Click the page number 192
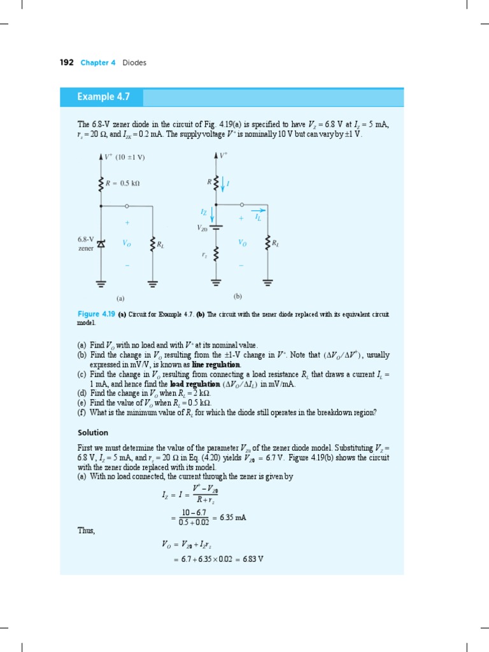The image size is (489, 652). click(x=66, y=62)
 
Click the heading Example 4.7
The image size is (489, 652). click(x=103, y=97)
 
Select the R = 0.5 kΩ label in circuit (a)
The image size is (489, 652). click(x=123, y=183)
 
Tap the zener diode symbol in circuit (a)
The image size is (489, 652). click(x=101, y=243)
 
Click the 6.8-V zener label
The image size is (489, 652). click(x=85, y=244)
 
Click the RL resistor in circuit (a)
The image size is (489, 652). click(x=152, y=243)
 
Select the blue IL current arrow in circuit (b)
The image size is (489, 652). click(x=259, y=211)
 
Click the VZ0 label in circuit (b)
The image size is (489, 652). click(x=202, y=227)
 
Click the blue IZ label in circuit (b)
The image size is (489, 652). click(x=204, y=211)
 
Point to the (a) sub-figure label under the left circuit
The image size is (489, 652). click(x=120, y=297)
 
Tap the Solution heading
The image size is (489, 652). click(x=93, y=432)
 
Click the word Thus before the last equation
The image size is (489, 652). click(x=86, y=530)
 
